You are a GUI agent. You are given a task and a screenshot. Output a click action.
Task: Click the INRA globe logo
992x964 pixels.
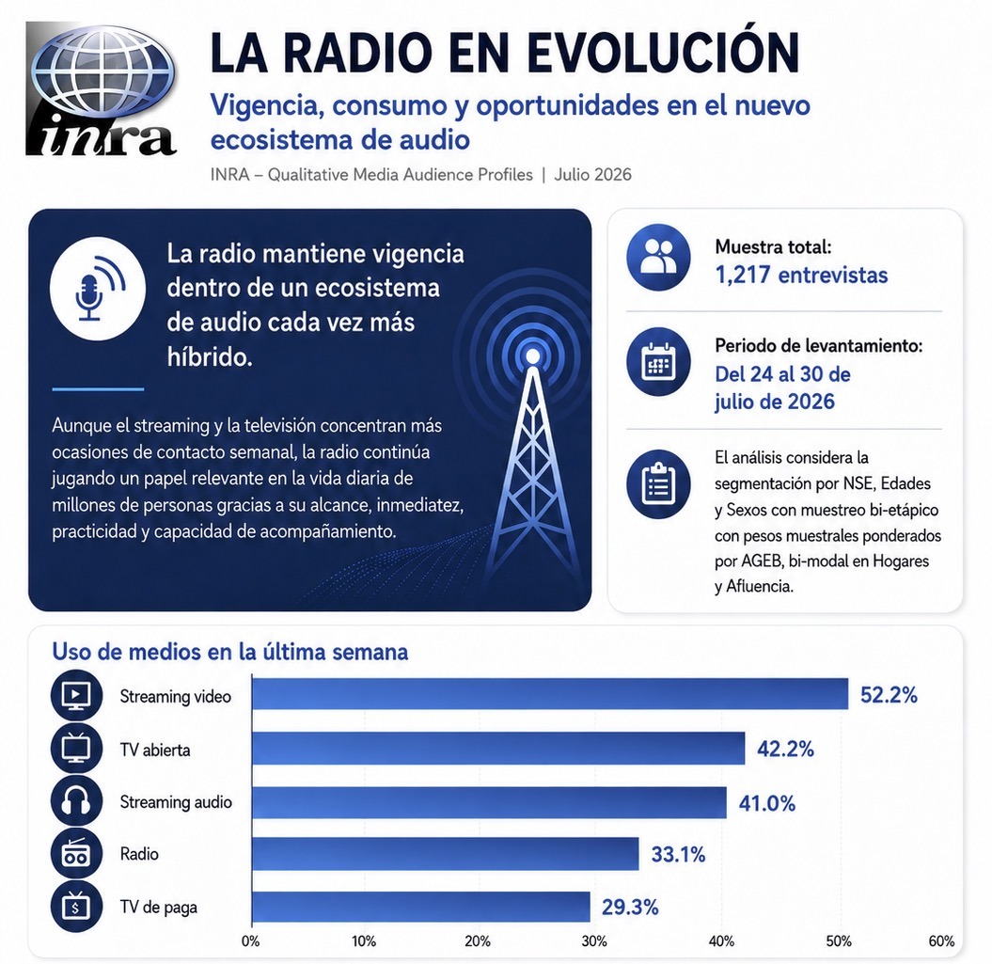coord(102,89)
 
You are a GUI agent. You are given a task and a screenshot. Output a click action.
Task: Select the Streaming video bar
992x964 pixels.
coord(550,694)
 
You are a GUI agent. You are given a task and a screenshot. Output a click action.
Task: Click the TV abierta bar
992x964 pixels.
coord(498,749)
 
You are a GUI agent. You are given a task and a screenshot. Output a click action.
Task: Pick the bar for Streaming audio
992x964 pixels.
coord(489,802)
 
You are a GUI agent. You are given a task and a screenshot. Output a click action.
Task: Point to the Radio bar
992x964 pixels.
coord(446,854)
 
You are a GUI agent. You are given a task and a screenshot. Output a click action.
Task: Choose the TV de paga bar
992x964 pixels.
coord(420,907)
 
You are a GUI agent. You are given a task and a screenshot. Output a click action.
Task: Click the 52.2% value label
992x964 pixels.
coord(889,695)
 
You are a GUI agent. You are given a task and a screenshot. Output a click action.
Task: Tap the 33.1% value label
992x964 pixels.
coord(678,855)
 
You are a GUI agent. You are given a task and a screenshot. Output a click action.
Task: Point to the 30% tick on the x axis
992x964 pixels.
coord(594,941)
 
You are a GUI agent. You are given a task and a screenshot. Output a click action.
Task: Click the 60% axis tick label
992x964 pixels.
coord(941,941)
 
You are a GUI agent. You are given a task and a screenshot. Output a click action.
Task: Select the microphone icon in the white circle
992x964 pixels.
coord(98,288)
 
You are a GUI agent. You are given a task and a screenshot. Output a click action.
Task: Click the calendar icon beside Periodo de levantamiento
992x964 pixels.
coord(658,361)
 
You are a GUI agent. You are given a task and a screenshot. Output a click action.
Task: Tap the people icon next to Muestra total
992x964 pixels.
coord(658,257)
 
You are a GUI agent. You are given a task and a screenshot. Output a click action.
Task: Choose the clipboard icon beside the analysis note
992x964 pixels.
coord(658,484)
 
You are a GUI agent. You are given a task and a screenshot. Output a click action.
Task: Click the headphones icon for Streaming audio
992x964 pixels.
coord(76,802)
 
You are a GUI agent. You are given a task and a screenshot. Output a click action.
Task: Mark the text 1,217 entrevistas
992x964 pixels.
coord(801,276)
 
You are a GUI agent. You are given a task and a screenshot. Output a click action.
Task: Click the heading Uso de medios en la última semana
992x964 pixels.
coord(230,652)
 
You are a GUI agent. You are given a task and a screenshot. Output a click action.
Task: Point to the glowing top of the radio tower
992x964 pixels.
coord(533,357)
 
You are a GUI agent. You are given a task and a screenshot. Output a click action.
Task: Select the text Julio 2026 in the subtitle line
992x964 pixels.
coord(592,175)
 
